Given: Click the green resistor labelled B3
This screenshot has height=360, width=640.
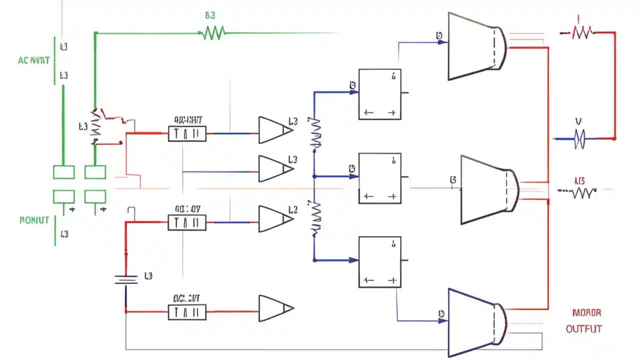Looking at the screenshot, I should pyautogui.click(x=213, y=33).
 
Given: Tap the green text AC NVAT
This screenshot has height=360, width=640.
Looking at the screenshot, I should pyautogui.click(x=34, y=60).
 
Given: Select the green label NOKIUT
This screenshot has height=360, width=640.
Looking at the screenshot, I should pyautogui.click(x=34, y=219).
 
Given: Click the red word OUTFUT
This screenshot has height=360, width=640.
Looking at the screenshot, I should pyautogui.click(x=583, y=328).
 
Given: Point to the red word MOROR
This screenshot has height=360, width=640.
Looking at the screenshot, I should pyautogui.click(x=586, y=313).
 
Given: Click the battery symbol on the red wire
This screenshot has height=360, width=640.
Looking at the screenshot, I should pyautogui.click(x=125, y=278).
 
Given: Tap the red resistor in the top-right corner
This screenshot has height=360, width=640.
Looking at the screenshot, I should pyautogui.click(x=581, y=33).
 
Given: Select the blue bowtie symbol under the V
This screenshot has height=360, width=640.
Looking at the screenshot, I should pyautogui.click(x=579, y=138).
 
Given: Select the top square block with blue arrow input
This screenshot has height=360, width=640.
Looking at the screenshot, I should pyautogui.click(x=379, y=94).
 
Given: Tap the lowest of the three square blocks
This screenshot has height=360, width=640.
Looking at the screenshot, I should pyautogui.click(x=379, y=262).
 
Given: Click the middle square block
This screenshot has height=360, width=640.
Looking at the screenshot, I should pyautogui.click(x=379, y=178).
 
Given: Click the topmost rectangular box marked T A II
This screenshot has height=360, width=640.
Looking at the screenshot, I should pyautogui.click(x=187, y=133).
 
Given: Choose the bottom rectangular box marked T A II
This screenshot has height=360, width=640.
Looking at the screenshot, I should pyautogui.click(x=187, y=312).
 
